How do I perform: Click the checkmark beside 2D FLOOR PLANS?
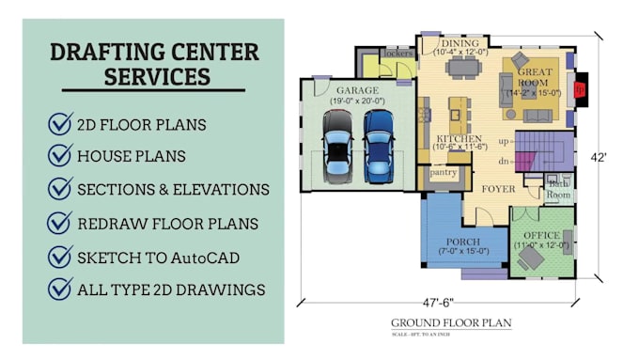(x=61, y=123)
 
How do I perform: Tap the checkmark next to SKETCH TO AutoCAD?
(x=61, y=256)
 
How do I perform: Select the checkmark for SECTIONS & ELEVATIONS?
(x=61, y=189)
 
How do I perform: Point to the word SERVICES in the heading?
(x=157, y=74)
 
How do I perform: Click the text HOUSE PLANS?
(x=132, y=156)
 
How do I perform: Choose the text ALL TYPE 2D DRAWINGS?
(x=171, y=290)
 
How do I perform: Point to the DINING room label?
(x=460, y=43)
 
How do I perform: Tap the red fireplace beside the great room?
(x=580, y=89)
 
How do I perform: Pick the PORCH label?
(x=462, y=243)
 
